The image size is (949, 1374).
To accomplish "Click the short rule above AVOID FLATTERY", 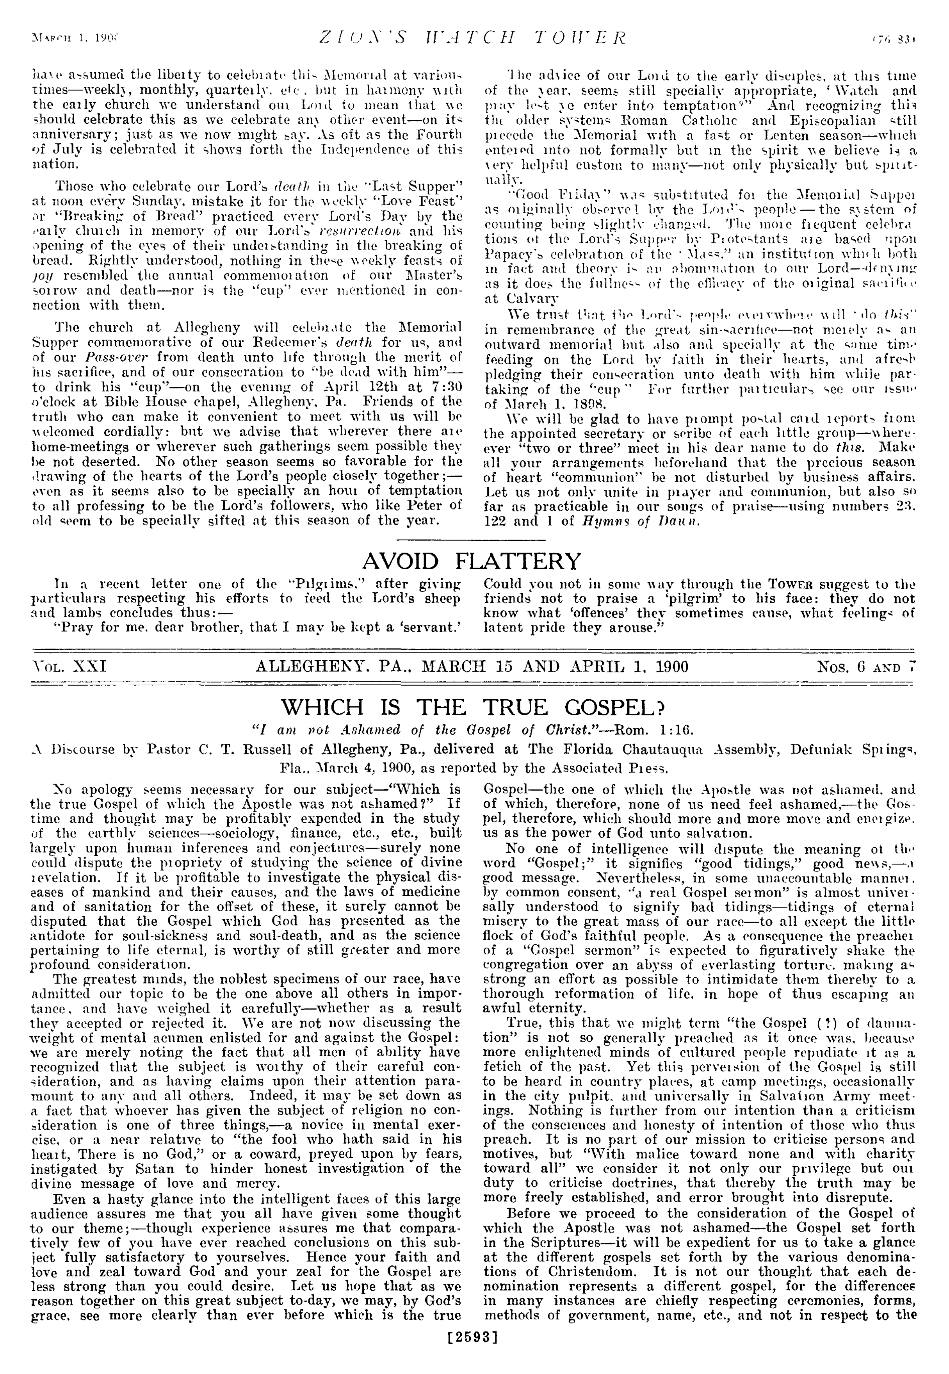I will coord(471,539).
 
